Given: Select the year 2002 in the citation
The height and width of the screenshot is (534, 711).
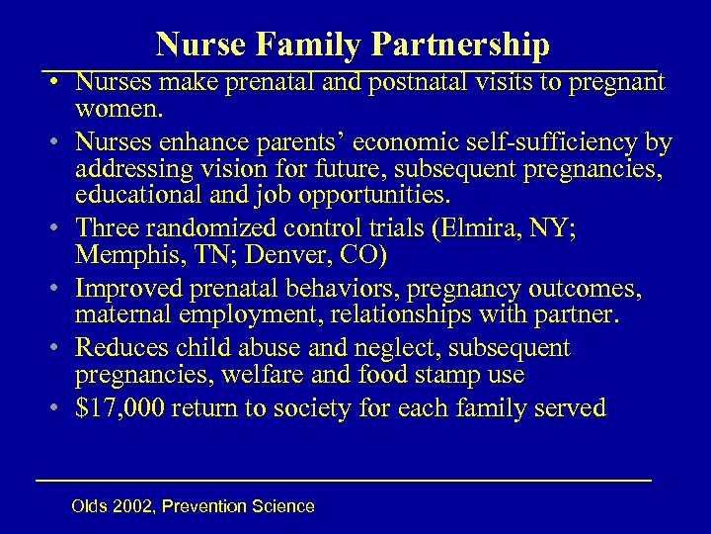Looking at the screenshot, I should click(x=134, y=507).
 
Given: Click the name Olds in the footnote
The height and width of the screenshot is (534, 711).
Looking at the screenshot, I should click(x=91, y=507).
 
